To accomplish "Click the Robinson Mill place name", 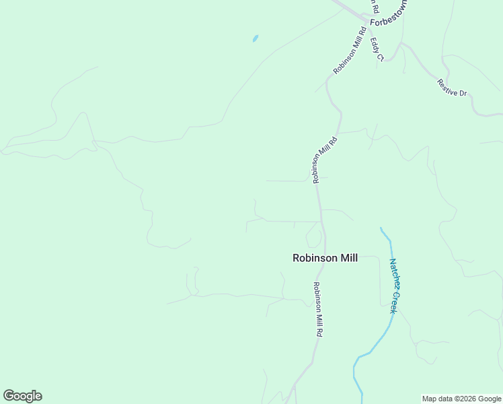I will tap(325, 257).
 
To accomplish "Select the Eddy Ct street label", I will tap(377, 49).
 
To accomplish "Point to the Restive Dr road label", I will tap(452, 88).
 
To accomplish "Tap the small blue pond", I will tap(256, 38).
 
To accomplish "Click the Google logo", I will tap(22, 396).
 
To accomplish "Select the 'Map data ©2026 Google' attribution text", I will tap(462, 399).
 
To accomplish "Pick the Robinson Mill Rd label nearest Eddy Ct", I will tap(350, 50).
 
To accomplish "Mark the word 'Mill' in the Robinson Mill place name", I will tap(346, 257).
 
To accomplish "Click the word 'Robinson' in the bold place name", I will tap(313, 257).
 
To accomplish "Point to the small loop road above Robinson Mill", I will tap(313, 236).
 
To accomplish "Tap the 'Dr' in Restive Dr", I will tap(462, 92).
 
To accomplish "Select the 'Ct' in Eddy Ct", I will tap(380, 56).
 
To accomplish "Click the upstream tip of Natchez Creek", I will tap(381, 228).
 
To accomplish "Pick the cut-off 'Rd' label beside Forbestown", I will tap(375, 7).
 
